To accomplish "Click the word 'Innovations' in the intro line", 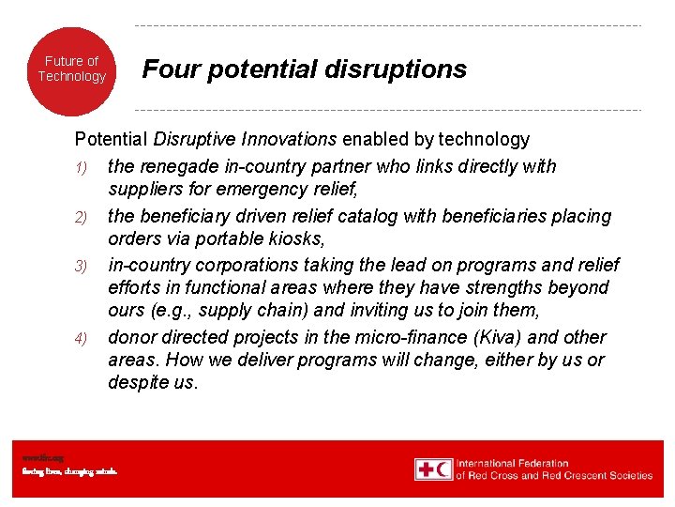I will coord(291,140).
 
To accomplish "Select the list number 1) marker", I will coord(82,168).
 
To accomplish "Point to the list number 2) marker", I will coord(82,218).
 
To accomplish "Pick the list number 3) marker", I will coord(82,267).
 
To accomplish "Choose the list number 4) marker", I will coord(82,338).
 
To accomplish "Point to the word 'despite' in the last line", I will coord(138,383).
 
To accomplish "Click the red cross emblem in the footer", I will coord(426,469).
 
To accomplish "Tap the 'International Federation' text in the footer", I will coord(512,463).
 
